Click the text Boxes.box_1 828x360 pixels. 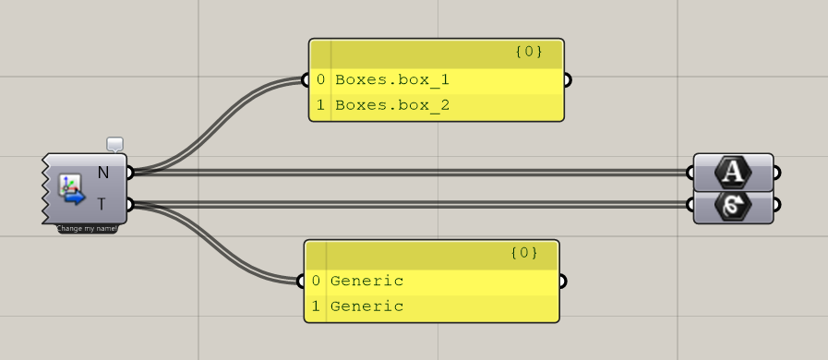pos(392,80)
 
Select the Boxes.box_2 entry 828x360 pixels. pos(392,105)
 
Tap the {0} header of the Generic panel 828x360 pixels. pos(522,253)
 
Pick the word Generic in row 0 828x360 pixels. pos(366,281)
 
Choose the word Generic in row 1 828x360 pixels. pos(366,306)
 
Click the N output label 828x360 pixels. pos(103,172)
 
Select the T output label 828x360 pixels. pos(103,203)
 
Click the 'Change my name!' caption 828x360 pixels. pos(88,228)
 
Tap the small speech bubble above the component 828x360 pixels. pos(114,144)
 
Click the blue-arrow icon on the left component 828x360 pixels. pos(71,188)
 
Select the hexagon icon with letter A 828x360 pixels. pos(733,172)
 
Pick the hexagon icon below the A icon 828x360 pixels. pos(733,205)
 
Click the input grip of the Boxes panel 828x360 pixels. pos(309,80)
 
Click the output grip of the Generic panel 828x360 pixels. pos(560,281)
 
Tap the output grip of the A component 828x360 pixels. pos(775,172)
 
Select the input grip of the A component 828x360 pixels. pos(692,172)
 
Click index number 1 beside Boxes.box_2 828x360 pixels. pos(320,105)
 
